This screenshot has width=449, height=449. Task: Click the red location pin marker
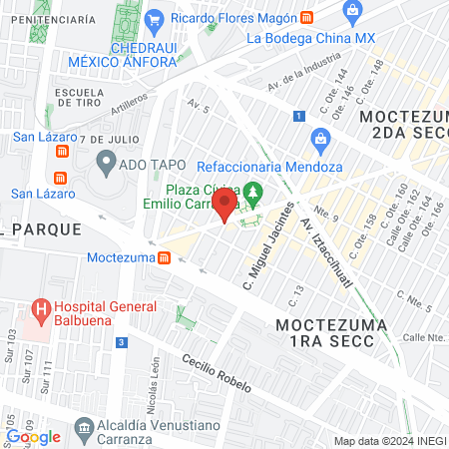[225, 207]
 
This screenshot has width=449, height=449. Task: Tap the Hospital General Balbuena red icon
[41, 310]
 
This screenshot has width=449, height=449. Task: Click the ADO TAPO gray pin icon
[106, 160]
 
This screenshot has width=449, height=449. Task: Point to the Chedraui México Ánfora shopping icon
[154, 19]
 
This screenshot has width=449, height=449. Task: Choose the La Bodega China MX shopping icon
[350, 11]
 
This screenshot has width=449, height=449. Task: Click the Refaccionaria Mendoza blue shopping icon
[320, 139]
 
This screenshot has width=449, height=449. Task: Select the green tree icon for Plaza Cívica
[254, 192]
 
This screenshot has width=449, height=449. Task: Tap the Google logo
[33, 437]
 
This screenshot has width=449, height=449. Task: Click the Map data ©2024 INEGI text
[389, 441]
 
